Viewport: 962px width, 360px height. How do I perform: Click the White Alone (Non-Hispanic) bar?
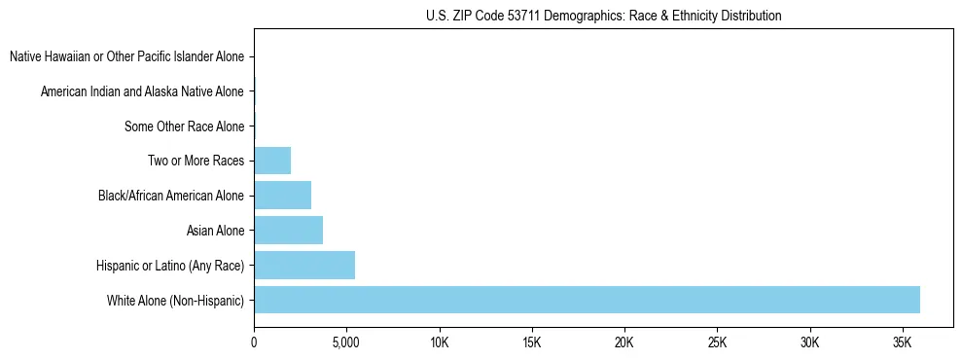click(587, 300)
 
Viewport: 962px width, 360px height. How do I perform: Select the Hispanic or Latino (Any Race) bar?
click(304, 265)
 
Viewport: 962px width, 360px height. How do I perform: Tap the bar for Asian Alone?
click(288, 231)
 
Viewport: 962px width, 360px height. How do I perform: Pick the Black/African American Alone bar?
click(282, 196)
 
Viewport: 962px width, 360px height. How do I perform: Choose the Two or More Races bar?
click(272, 161)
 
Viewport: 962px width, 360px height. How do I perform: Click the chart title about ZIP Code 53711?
click(603, 16)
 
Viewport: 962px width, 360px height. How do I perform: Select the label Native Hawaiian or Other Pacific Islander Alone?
click(126, 56)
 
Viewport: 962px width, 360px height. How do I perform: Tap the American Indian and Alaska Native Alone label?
click(142, 91)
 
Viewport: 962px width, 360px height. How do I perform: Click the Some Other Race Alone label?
click(184, 126)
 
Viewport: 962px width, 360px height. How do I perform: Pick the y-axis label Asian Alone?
click(215, 231)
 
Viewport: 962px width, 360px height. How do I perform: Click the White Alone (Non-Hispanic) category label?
click(175, 300)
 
